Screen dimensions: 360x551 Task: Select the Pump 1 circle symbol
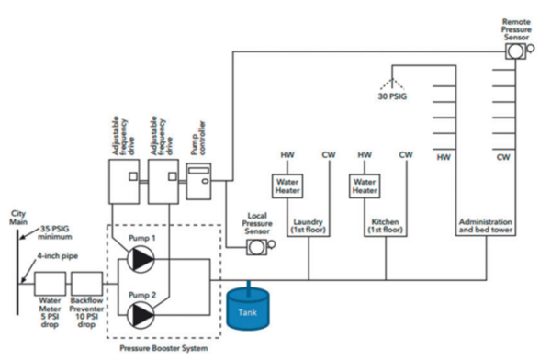point(141,260)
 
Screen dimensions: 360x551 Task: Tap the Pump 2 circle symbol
point(141,314)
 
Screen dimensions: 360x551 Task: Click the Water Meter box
point(48,287)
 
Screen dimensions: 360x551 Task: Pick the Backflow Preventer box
point(87,287)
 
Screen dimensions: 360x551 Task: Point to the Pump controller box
point(198,181)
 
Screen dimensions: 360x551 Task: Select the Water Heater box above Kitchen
point(365,186)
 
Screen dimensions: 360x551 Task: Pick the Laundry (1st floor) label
point(307,228)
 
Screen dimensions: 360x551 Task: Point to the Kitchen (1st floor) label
point(384,228)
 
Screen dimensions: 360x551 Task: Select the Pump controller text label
point(195,139)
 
